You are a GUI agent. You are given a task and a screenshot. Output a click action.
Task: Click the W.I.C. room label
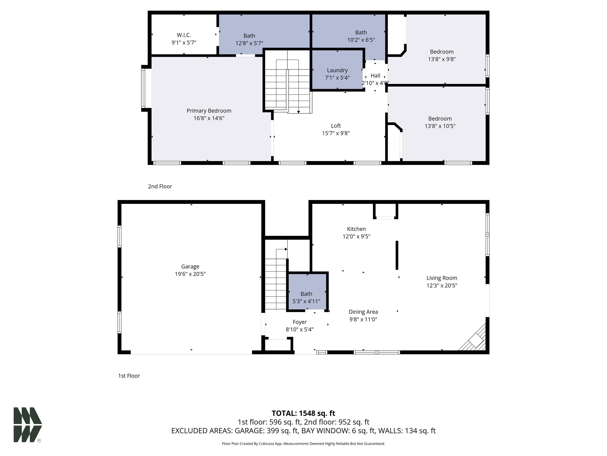(184, 35)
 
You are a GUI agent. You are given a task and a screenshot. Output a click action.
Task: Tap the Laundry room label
(337, 70)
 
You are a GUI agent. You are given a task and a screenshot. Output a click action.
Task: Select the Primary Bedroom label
(209, 111)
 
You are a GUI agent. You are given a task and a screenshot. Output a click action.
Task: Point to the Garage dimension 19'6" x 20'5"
(190, 274)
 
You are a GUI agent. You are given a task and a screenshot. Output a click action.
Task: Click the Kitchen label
(356, 229)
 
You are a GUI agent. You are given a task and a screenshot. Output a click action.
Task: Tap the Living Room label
(442, 278)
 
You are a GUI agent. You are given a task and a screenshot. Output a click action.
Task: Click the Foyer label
(300, 322)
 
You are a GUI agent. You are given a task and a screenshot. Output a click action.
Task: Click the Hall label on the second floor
(375, 76)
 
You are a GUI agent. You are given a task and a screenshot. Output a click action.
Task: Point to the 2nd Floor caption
(160, 186)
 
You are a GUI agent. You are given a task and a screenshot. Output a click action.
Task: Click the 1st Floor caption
(129, 376)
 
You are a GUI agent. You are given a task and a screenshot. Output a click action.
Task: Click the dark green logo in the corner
(28, 425)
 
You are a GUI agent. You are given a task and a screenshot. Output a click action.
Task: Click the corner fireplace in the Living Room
(473, 338)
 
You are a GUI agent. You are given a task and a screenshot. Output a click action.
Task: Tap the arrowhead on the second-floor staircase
(299, 112)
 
